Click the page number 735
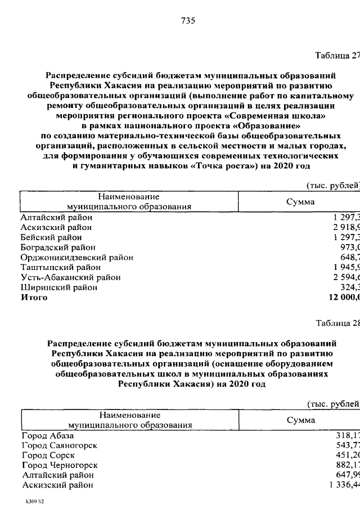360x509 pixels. [188, 21]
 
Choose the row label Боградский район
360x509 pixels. [58, 247]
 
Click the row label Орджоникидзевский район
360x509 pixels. [76, 258]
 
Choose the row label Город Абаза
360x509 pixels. [47, 435]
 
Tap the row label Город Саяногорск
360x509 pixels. [59, 445]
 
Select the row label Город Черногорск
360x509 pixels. [60, 465]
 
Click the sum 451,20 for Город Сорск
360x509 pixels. [345, 455]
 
